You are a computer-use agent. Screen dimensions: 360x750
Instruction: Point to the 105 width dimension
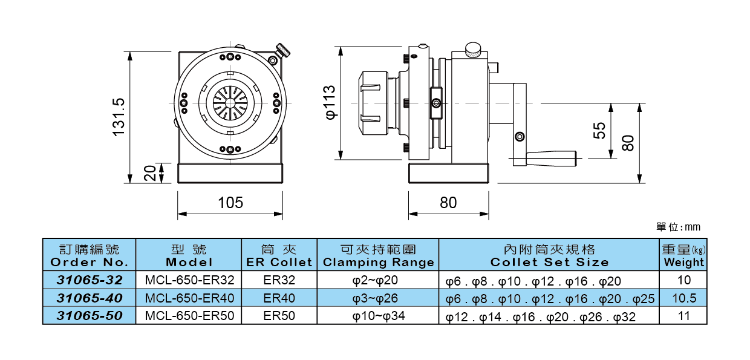[x=230, y=203]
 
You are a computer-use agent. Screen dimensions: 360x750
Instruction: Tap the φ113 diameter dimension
[x=330, y=102]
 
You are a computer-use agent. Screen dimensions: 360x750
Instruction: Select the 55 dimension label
[x=599, y=131]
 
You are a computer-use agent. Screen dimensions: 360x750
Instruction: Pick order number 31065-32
[x=90, y=281]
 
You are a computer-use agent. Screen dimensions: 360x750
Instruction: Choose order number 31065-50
[x=90, y=316]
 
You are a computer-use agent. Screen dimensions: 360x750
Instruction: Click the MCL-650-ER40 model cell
[x=189, y=298]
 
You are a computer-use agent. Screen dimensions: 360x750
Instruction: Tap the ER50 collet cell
[x=279, y=316]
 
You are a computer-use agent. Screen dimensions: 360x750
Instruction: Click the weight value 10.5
[x=684, y=298]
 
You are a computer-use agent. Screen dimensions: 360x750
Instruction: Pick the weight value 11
[x=684, y=316]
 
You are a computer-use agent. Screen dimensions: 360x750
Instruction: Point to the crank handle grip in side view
[x=550, y=159]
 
